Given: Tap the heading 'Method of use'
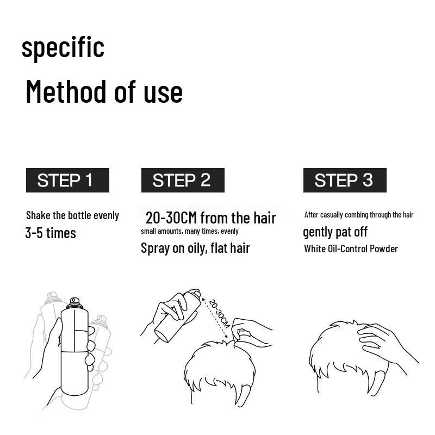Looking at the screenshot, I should click(104, 91).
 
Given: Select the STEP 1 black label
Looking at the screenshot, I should click(67, 180).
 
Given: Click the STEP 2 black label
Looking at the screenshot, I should click(182, 180).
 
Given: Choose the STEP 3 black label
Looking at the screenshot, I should click(344, 180).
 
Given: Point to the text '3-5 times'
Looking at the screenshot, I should click(51, 233).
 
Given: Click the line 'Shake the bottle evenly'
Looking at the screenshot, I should click(72, 215).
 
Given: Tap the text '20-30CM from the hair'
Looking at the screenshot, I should click(211, 218).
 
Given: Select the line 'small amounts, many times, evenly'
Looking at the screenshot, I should click(189, 231).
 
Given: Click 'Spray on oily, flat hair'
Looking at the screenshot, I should click(195, 248).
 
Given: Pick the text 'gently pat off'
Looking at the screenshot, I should click(335, 232).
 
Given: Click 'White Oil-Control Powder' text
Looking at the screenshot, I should click(351, 248).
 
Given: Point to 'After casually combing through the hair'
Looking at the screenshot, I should click(359, 215).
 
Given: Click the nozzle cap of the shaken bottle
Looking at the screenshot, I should click(75, 301).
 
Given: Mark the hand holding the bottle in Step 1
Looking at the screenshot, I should click(52, 353).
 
